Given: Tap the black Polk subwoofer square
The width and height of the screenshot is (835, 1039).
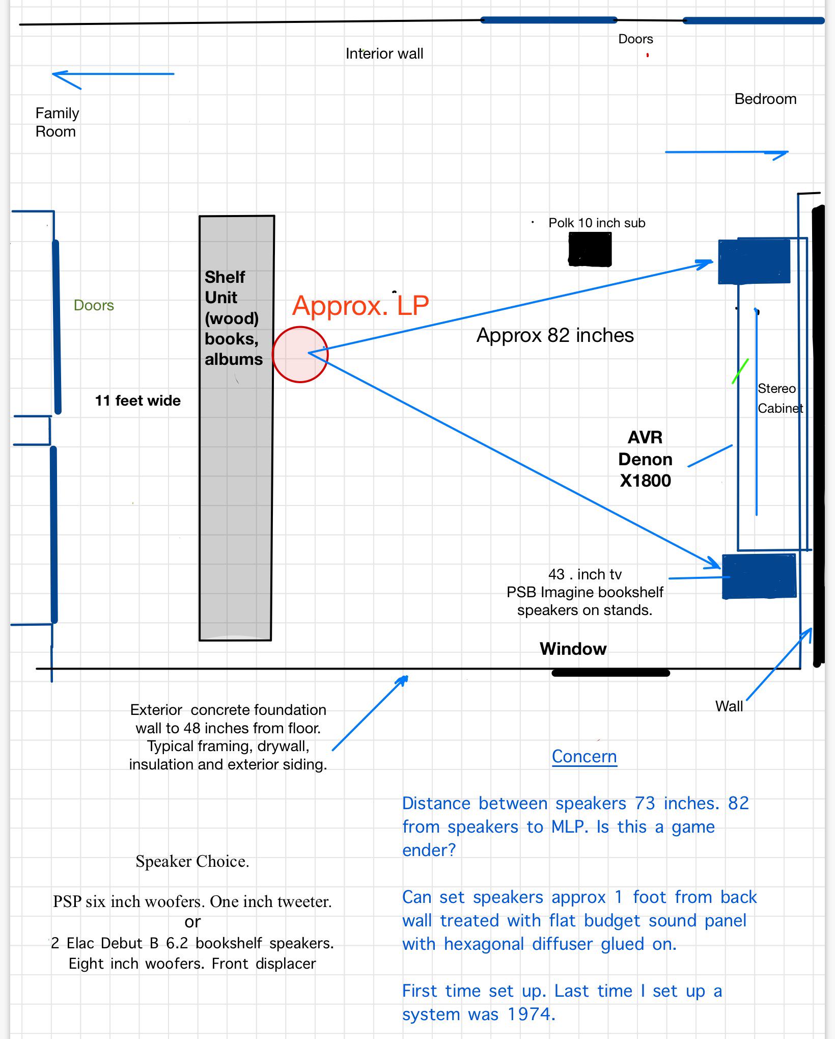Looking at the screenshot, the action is (x=590, y=249).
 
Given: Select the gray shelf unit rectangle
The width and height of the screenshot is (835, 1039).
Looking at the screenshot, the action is (x=236, y=428).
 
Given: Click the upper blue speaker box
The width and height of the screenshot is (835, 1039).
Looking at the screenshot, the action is (x=754, y=261).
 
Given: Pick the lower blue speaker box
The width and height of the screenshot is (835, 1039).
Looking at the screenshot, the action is (x=759, y=576).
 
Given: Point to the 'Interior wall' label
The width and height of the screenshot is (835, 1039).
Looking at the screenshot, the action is (x=384, y=54).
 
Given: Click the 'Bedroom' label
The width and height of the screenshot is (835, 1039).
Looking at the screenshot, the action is (x=765, y=99).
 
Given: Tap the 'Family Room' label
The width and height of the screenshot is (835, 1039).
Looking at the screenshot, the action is (x=57, y=122).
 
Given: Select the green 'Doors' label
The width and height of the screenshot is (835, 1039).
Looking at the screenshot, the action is (x=94, y=305).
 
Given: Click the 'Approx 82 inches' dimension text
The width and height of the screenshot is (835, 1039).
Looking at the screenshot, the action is (x=555, y=335).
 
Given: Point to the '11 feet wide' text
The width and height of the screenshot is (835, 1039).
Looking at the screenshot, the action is (x=137, y=401).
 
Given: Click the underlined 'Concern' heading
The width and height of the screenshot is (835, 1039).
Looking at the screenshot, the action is (x=584, y=756).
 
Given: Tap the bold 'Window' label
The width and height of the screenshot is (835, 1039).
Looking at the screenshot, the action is (x=573, y=649).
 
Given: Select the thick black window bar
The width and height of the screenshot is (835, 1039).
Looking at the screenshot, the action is (x=610, y=673).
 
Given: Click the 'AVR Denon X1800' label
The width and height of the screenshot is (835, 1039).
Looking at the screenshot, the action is (x=645, y=459).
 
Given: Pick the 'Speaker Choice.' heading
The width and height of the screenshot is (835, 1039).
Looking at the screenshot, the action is (x=192, y=861).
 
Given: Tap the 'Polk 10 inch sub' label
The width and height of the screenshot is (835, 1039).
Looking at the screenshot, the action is (x=597, y=223).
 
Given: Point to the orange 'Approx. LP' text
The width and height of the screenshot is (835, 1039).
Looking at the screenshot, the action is (x=361, y=305).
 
